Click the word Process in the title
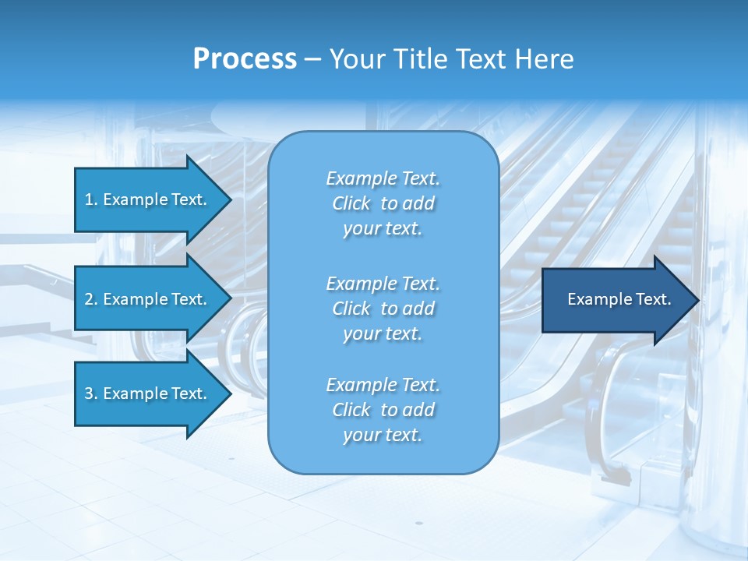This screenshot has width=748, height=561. [245, 59]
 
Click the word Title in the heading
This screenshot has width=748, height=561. [418, 59]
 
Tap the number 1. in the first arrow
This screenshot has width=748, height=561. [91, 199]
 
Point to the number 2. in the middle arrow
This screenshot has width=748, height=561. [91, 299]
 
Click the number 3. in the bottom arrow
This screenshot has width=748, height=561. [91, 393]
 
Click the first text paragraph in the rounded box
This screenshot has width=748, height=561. [383, 203]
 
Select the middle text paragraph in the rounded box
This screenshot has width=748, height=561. [383, 309]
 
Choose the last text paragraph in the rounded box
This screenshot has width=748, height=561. [383, 410]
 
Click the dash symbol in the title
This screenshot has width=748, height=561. [312, 60]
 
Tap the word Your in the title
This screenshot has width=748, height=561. [357, 59]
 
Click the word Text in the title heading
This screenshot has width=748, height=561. [479, 59]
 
